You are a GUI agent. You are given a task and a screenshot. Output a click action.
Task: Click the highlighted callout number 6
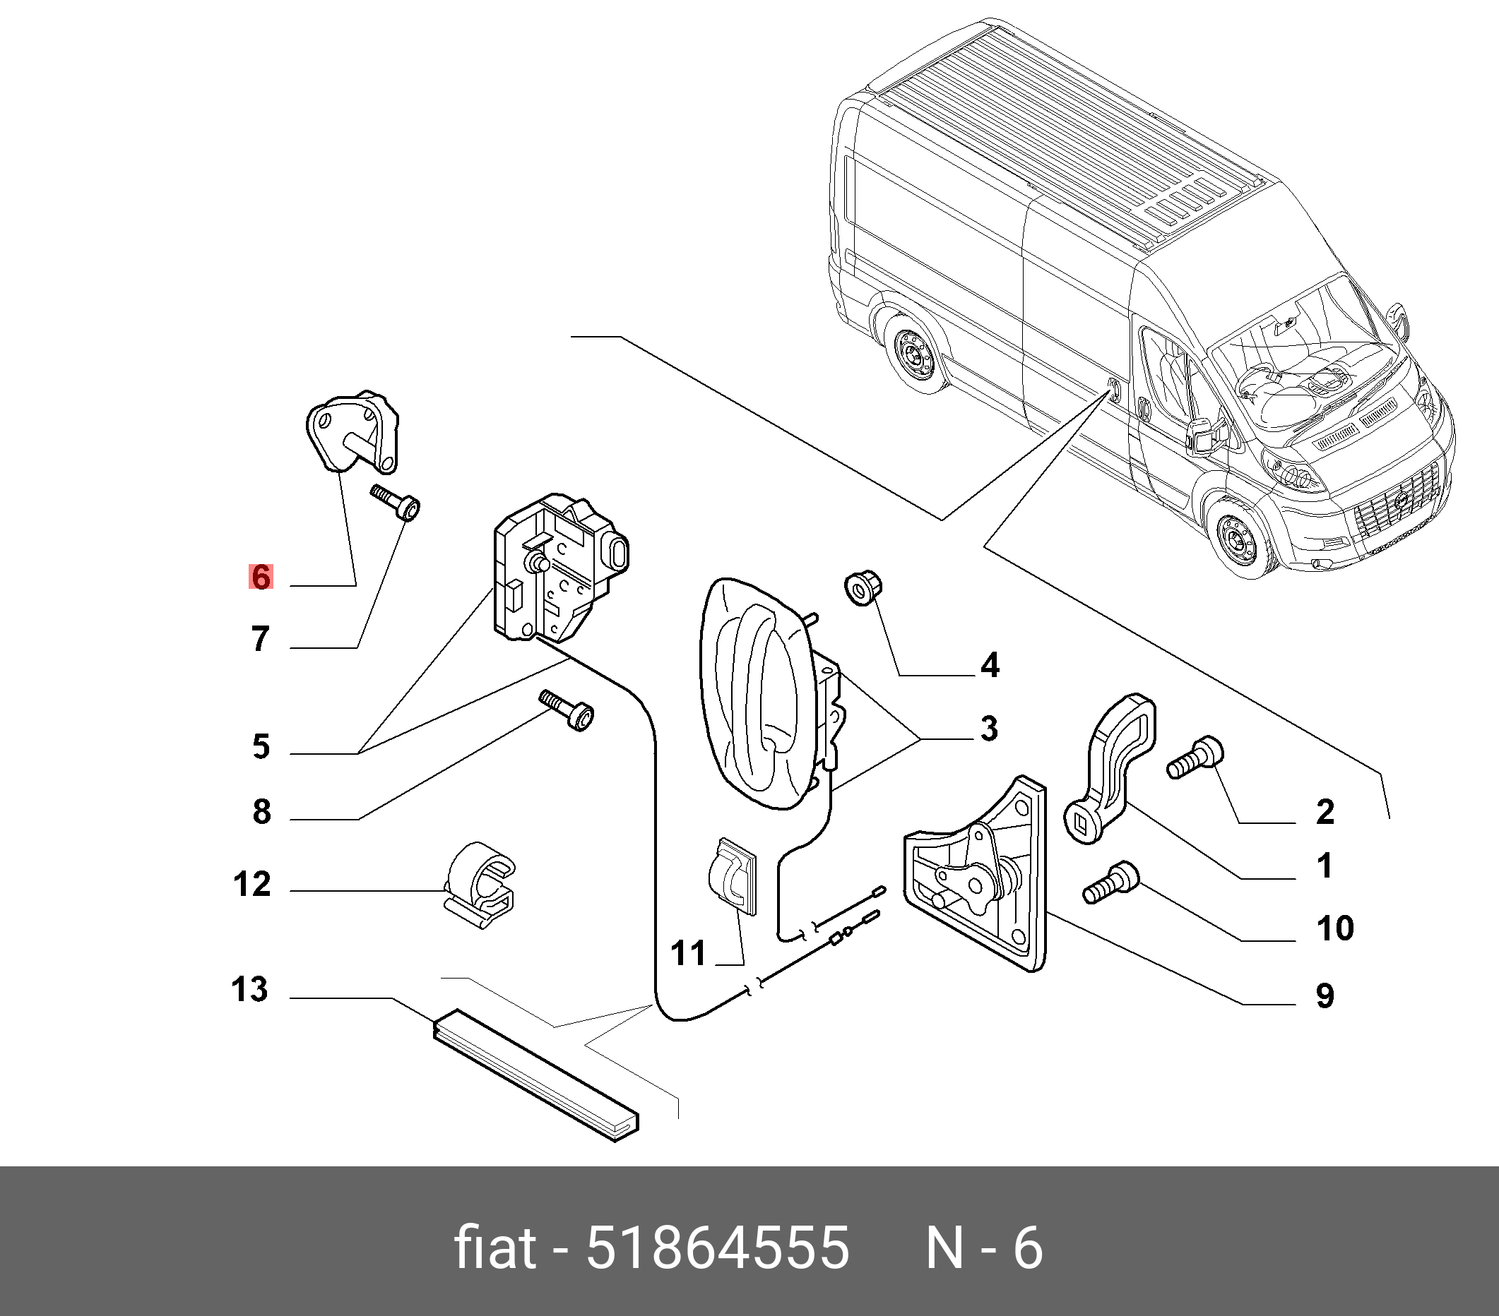261,577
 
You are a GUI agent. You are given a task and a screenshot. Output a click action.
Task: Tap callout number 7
261,638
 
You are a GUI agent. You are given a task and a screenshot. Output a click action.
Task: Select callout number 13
249,989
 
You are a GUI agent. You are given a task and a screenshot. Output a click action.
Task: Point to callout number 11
687,953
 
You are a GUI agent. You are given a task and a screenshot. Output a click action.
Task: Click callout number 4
990,665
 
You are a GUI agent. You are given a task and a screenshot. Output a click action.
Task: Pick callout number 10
1334,928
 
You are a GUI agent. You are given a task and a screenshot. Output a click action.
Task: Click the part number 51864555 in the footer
716,1247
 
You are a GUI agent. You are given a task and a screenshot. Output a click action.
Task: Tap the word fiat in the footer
495,1247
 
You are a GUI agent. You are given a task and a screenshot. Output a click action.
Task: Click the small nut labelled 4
863,589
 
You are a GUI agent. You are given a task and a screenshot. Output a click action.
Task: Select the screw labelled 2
1195,759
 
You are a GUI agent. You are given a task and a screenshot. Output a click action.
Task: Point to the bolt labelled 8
567,708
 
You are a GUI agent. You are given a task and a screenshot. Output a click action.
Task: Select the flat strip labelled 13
535,1075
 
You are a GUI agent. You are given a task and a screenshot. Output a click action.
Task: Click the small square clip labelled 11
732,876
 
